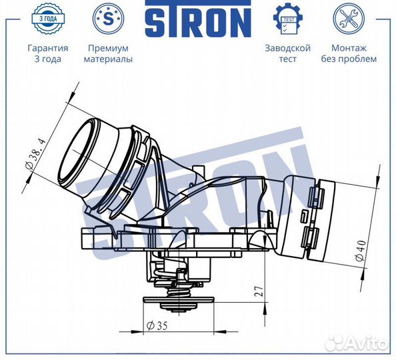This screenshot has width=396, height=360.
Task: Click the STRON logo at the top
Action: pyautogui.click(x=198, y=18)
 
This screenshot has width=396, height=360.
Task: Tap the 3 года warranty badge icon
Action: pyautogui.click(x=48, y=19)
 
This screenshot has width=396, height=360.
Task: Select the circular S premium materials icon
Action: pyautogui.click(x=109, y=19)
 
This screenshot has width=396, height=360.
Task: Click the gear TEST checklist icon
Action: pyautogui.click(x=287, y=19)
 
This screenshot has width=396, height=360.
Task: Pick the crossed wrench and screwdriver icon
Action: pyautogui.click(x=349, y=19)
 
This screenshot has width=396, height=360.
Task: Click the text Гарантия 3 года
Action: pyautogui.click(x=48, y=53)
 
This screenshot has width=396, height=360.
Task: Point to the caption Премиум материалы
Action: pyautogui.click(x=109, y=53)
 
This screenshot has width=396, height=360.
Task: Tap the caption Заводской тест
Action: pyautogui.click(x=287, y=53)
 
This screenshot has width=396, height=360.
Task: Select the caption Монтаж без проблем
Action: pyautogui.click(x=349, y=53)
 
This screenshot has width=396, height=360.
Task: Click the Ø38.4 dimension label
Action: pyautogui.click(x=36, y=155)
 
